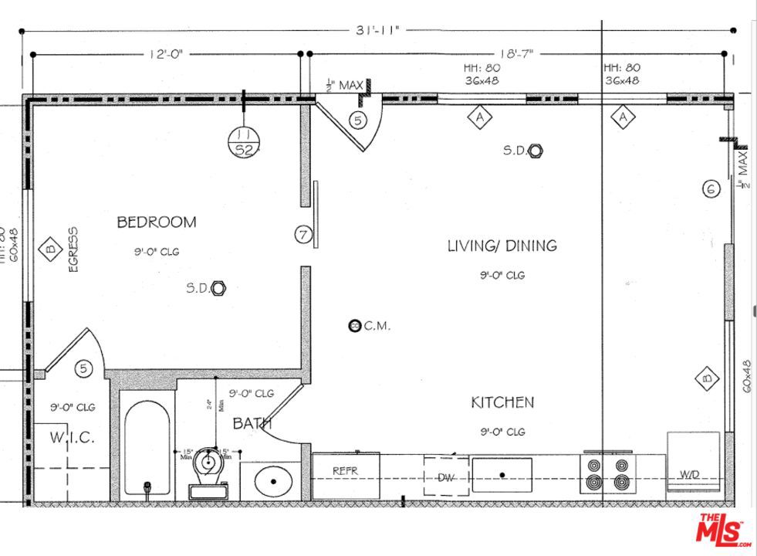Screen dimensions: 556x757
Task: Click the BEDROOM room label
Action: pyautogui.click(x=156, y=222)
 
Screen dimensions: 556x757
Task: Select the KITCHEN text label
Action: pyautogui.click(x=502, y=402)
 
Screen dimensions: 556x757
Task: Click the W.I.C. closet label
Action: pyautogui.click(x=73, y=438)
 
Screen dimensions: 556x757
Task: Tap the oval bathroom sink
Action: pyautogui.click(x=272, y=482)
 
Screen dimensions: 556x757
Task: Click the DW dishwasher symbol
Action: pyautogui.click(x=445, y=478)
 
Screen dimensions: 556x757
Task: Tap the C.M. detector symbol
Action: pyautogui.click(x=355, y=326)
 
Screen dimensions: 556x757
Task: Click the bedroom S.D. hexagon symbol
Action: pyautogui.click(x=218, y=288)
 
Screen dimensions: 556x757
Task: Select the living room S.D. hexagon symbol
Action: pyautogui.click(x=536, y=151)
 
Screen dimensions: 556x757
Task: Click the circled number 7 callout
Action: pyautogui.click(x=303, y=233)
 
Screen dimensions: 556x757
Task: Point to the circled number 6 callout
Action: pyautogui.click(x=711, y=188)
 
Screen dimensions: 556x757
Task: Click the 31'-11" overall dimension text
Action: pyautogui.click(x=378, y=31)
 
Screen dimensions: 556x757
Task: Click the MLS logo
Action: pyautogui.click(x=722, y=531)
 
